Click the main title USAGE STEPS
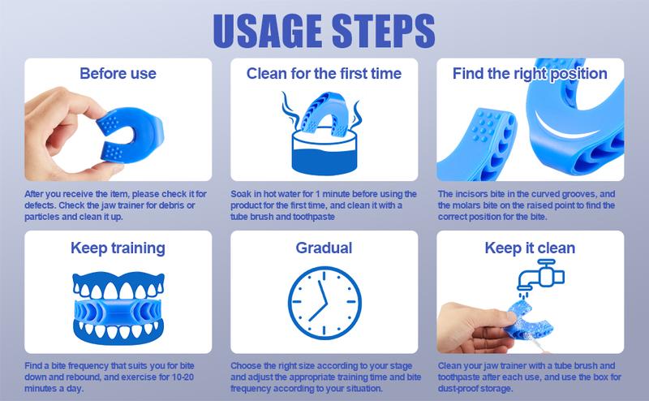(324, 31)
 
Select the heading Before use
(118, 73)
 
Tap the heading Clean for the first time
(324, 73)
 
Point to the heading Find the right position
(530, 74)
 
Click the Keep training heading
(118, 248)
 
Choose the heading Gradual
(324, 248)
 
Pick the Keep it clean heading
(530, 248)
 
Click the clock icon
(324, 303)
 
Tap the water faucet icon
(540, 274)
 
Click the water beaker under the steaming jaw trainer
(324, 153)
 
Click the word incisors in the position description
(471, 194)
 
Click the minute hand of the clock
(323, 292)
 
